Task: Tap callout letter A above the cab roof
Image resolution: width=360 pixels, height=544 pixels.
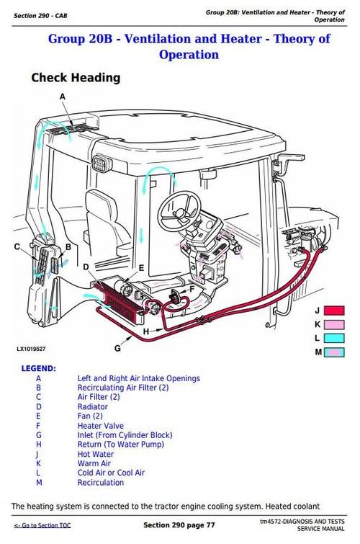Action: (62, 96)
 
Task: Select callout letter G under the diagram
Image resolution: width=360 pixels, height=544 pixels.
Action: (118, 349)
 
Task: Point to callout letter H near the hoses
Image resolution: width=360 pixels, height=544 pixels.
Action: (145, 331)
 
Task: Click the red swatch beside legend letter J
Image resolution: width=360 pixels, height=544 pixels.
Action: (335, 311)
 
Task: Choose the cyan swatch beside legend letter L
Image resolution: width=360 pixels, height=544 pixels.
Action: (335, 338)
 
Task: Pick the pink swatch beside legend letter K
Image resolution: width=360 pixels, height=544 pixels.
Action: (335, 325)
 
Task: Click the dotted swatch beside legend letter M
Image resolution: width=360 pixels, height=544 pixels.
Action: (335, 352)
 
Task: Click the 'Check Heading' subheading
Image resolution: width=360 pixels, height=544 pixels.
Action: (76, 78)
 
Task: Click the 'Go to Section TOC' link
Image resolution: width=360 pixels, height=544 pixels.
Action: (42, 525)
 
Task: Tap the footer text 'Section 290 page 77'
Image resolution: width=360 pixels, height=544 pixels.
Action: (179, 524)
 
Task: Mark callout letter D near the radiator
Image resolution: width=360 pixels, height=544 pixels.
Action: (86, 267)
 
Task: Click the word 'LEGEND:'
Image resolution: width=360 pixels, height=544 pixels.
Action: (38, 368)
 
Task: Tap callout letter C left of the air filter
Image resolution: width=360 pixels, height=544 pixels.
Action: (17, 247)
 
